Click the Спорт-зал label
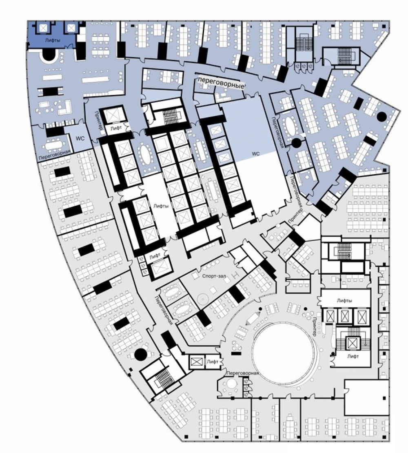214,276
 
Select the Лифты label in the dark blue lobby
53,40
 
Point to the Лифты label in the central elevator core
161,206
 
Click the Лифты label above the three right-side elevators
344,300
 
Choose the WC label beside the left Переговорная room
80,138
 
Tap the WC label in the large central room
256,154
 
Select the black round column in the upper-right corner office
382,116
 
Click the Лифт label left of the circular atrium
212,362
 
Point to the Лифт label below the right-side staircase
353,356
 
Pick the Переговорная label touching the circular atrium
242,373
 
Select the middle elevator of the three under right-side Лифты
345,316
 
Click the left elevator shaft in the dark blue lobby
43,28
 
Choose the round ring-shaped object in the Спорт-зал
202,298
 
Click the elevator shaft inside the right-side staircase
353,343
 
